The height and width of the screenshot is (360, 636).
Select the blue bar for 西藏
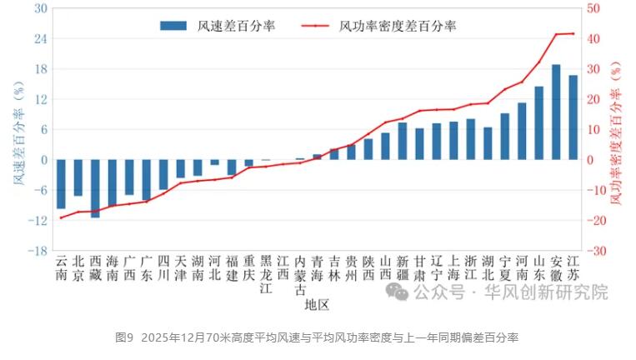[x=95, y=188]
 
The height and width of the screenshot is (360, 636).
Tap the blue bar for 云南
[x=61, y=184]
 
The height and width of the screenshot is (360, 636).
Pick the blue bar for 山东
[x=539, y=123]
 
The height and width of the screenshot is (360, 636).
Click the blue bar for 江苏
[x=573, y=117]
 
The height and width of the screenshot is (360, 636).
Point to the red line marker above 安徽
[x=556, y=34]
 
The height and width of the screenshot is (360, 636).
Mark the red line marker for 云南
[x=61, y=217]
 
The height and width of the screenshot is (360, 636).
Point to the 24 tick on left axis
[x=40, y=38]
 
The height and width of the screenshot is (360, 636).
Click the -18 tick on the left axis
[x=38, y=251]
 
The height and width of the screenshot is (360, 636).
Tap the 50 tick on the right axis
[x=594, y=8]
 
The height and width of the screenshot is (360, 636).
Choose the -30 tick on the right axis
[x=596, y=251]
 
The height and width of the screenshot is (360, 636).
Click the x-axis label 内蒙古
[x=300, y=275]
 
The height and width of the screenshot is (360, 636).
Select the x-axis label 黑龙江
[x=266, y=275]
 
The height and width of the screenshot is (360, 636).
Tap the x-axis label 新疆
[x=403, y=267]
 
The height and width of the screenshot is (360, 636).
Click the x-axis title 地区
[x=317, y=305]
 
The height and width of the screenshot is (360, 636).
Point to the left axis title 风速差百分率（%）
[x=18, y=129]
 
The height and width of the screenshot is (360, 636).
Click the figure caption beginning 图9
[x=317, y=337]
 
